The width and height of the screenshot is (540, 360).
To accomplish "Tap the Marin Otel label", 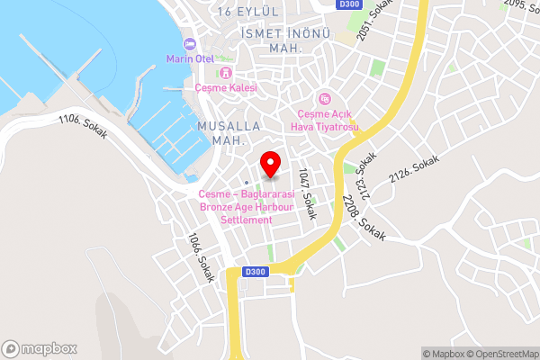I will [x=187, y=58].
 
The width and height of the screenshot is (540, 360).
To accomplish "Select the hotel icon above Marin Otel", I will [x=188, y=44].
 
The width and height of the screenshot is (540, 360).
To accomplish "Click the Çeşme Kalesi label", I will [x=226, y=87].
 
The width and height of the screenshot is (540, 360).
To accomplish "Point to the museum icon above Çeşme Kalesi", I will [x=226, y=72].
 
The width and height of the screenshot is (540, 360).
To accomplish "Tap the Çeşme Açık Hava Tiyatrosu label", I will [x=328, y=120].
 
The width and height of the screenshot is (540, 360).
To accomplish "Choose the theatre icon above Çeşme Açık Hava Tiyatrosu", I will [x=323, y=98].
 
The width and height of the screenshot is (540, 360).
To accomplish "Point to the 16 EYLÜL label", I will [x=248, y=11].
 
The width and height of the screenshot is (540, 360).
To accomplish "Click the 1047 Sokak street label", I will [x=307, y=188].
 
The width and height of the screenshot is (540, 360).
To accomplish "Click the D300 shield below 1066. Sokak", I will [x=256, y=272].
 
